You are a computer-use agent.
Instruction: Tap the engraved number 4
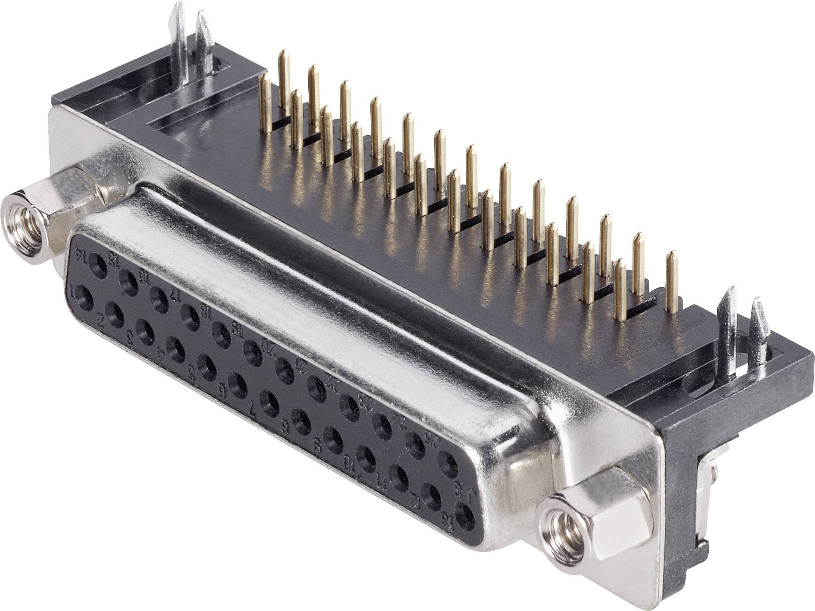coord(161,353)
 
